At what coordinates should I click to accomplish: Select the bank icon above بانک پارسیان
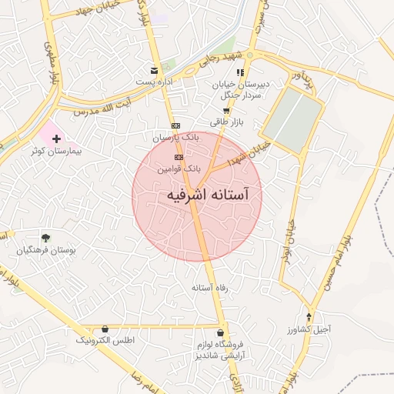tap(175, 125)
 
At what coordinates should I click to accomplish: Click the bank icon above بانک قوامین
tap(179, 156)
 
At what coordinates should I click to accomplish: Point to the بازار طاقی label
tap(225, 122)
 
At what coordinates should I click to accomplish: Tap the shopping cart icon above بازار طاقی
tap(225, 111)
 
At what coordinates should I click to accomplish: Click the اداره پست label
tap(155, 81)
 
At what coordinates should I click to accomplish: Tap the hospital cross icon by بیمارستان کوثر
tap(56, 139)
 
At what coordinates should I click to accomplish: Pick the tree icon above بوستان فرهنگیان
tap(46, 237)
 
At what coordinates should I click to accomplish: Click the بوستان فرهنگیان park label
tap(47, 250)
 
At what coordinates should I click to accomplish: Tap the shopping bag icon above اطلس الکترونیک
tap(105, 328)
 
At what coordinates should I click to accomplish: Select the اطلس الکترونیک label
tap(105, 339)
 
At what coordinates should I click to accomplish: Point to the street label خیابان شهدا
tap(255, 150)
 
